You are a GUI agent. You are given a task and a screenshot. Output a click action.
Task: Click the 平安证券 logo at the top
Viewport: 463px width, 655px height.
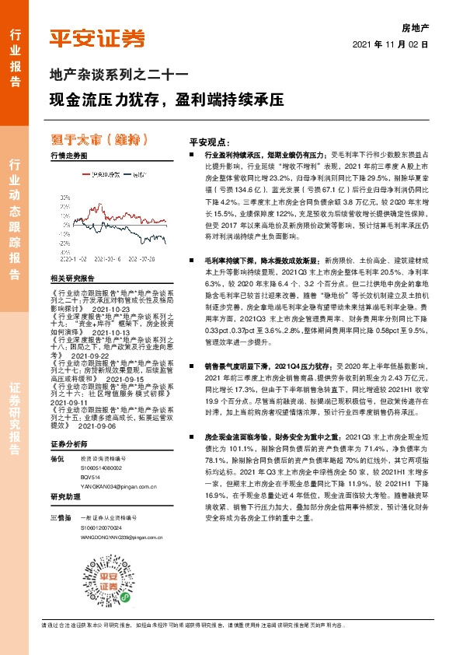point(97,37)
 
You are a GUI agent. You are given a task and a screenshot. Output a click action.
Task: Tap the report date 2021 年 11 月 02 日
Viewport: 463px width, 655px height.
point(391,45)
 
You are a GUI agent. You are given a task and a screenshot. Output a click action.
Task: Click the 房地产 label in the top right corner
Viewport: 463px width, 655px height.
point(416,27)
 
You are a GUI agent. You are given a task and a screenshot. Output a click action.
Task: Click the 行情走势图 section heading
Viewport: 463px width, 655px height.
point(69,156)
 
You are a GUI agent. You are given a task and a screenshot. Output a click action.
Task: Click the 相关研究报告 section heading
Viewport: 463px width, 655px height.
point(71,278)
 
